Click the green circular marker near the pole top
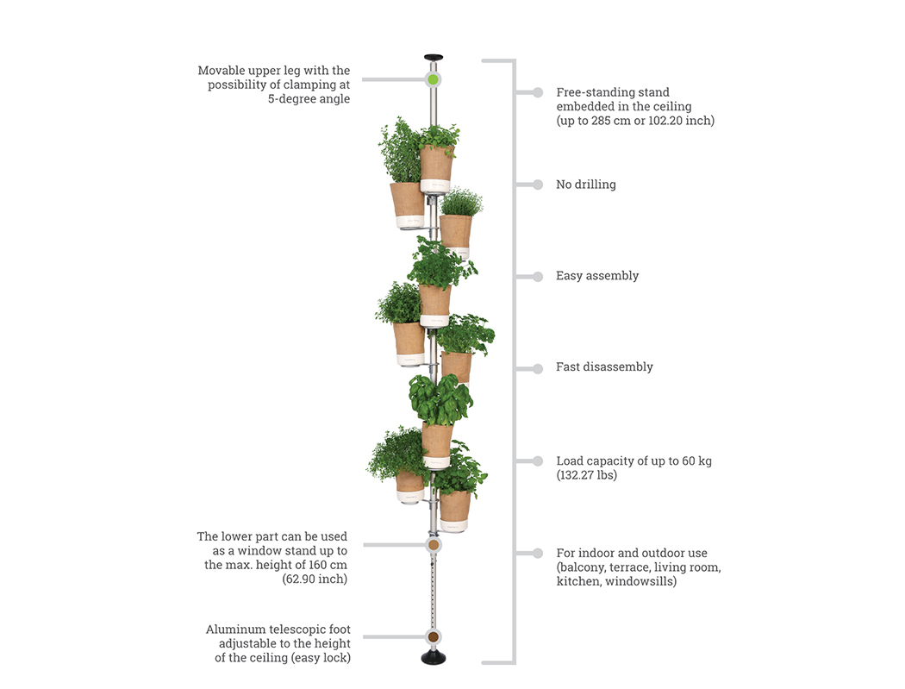tap(433, 79)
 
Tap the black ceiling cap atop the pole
tap(434, 59)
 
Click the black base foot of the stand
tap(434, 658)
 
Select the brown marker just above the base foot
tap(434, 637)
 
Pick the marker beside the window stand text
tap(434, 545)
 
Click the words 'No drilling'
tap(585, 185)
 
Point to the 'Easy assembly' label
tap(597, 276)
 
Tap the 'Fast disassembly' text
tap(604, 367)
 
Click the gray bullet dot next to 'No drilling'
tap(538, 185)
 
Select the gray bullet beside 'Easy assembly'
tap(538, 277)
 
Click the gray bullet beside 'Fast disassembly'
tap(538, 368)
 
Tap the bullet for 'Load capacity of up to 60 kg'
tap(538, 461)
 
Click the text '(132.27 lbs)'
tap(587, 475)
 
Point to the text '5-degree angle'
tap(309, 99)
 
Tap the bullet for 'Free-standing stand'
tap(538, 92)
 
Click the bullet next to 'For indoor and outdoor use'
tap(538, 553)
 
